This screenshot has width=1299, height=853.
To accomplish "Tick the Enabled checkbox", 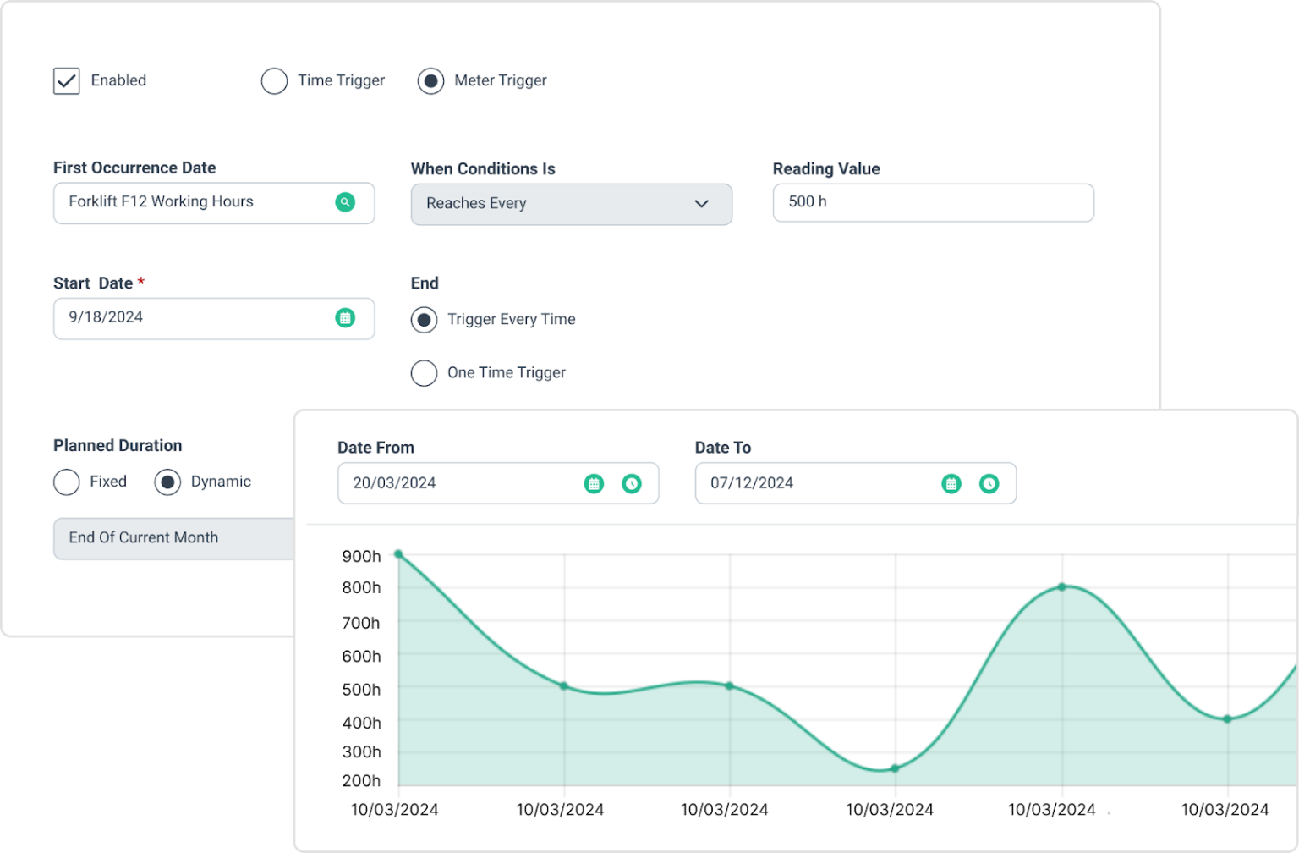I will click(67, 81).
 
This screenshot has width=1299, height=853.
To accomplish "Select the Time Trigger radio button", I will click(274, 81).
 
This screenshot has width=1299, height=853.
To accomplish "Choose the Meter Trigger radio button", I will click(430, 81).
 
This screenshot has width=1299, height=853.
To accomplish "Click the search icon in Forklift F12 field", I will click(345, 202).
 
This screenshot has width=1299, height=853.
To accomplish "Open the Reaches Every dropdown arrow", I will click(701, 204).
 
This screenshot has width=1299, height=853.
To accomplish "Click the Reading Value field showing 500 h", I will click(932, 203).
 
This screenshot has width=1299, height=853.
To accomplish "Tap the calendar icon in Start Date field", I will click(345, 318).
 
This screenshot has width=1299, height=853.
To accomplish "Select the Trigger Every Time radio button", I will click(424, 320).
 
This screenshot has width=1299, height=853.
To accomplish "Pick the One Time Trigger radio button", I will click(424, 373).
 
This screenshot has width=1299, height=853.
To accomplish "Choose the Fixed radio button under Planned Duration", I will click(67, 482).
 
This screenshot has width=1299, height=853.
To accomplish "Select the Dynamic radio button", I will click(167, 482).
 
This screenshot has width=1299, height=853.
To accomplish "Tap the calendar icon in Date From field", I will click(594, 484).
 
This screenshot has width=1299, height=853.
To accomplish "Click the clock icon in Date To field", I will click(989, 484).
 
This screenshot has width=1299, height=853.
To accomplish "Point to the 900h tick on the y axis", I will click(361, 556).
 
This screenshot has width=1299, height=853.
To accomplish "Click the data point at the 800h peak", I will click(1062, 586).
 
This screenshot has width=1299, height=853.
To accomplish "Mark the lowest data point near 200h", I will click(895, 768).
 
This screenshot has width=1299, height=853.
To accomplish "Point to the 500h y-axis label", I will click(361, 690).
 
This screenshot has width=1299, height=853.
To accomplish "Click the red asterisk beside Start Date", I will click(141, 282).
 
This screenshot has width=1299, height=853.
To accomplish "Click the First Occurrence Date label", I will click(134, 168).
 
